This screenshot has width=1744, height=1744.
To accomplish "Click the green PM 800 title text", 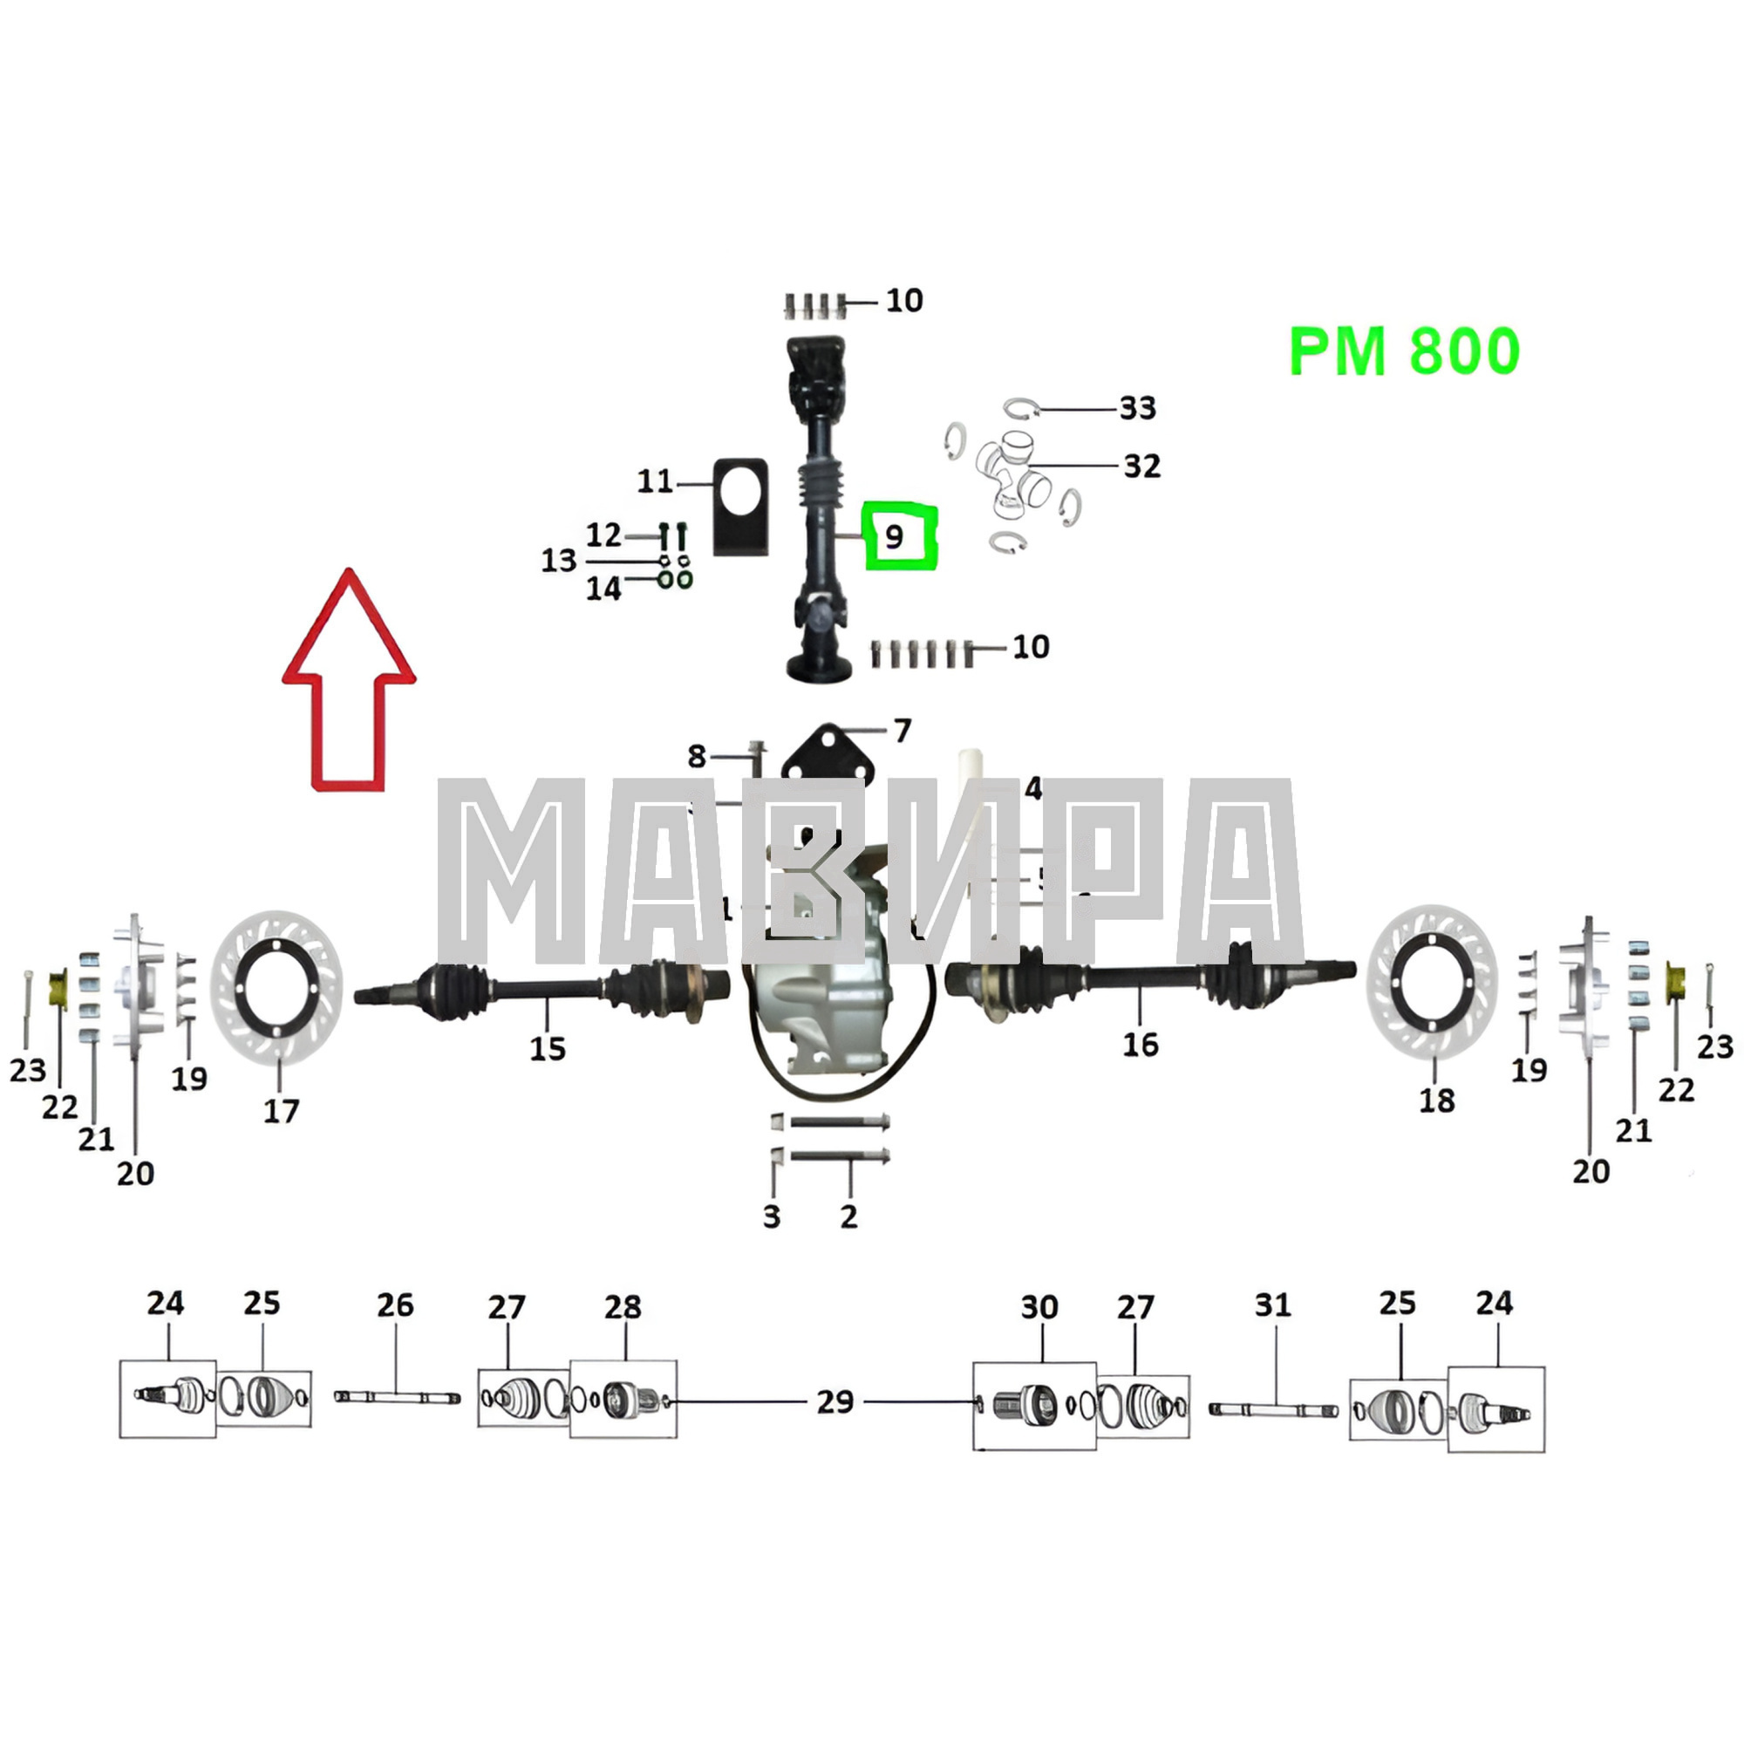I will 1405,351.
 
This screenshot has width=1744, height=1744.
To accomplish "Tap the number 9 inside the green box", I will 893,537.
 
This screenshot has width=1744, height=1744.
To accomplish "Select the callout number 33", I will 1137,409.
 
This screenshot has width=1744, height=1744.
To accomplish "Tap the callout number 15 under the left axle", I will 548,1049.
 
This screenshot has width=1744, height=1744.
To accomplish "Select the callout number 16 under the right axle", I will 1140,1046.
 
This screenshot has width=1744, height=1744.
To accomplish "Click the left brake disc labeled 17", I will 277,989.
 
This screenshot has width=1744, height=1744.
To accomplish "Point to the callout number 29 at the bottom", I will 835,1402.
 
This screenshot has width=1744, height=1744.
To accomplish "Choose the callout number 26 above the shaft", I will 395,1305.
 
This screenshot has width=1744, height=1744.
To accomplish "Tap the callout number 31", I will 1273,1305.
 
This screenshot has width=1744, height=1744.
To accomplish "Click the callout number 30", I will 1039,1307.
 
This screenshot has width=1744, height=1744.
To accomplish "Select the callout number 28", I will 623,1307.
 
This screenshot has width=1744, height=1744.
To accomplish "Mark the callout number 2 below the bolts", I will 848,1216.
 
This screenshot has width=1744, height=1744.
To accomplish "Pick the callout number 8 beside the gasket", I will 697,756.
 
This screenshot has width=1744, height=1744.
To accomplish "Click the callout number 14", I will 604,589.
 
